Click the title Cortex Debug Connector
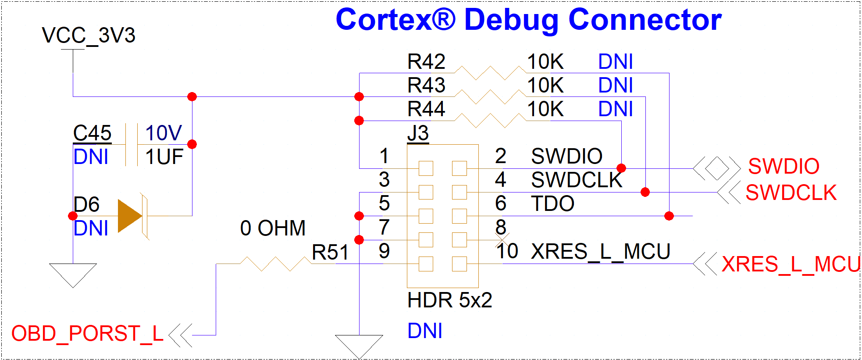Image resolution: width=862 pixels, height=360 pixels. pyautogui.click(x=528, y=20)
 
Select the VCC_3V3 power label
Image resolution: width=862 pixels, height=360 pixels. pyautogui.click(x=89, y=36)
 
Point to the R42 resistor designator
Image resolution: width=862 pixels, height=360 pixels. pyautogui.click(x=426, y=62)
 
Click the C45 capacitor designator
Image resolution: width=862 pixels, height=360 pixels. pyautogui.click(x=92, y=133)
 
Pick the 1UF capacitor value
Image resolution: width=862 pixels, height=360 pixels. pyautogui.click(x=164, y=157)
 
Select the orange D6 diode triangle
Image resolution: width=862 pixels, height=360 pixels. pyautogui.click(x=130, y=216)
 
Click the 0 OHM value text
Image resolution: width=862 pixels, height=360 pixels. pyautogui.click(x=273, y=228)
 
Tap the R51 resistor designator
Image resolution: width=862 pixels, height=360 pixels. pyautogui.click(x=330, y=253)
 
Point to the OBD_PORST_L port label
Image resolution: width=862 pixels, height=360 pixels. pyautogui.click(x=87, y=334)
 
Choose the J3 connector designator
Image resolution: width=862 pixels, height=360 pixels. pyautogui.click(x=418, y=133)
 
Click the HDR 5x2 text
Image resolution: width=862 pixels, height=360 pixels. pyautogui.click(x=449, y=300)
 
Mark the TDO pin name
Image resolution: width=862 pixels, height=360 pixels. pyautogui.click(x=552, y=204)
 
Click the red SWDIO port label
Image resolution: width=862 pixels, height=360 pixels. pyautogui.click(x=784, y=167)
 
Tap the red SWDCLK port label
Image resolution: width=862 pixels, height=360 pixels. pyautogui.click(x=791, y=193)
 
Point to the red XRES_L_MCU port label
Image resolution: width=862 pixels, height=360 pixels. pyautogui.click(x=791, y=264)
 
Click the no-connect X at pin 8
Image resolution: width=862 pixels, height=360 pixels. pyautogui.click(x=502, y=240)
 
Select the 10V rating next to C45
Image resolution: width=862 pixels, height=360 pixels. pyautogui.click(x=163, y=133)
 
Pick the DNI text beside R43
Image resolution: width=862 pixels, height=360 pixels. pyautogui.click(x=616, y=86)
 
